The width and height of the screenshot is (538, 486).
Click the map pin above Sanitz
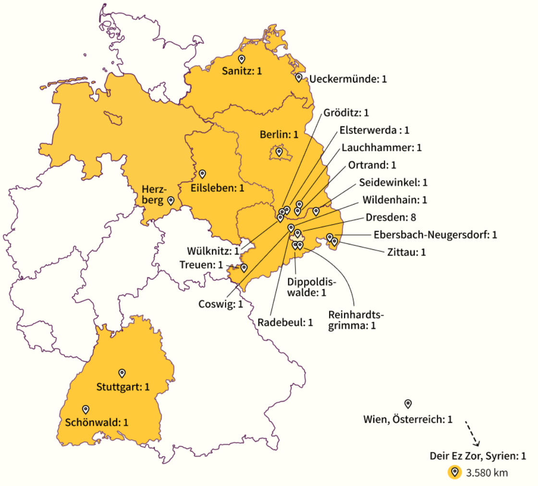point(242,59)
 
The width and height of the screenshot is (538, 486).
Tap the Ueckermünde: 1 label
point(347,79)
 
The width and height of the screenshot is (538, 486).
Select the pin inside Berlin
point(279,152)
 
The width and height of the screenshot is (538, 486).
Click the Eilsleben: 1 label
point(218,188)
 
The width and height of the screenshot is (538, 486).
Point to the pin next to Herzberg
point(171,200)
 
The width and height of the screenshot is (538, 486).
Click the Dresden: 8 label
point(391,217)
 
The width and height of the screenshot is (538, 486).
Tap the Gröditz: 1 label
point(346,113)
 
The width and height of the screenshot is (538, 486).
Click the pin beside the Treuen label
point(244,267)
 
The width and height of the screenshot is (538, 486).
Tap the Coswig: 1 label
point(220,304)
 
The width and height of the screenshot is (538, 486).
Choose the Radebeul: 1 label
point(285,322)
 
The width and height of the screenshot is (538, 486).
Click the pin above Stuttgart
point(122,373)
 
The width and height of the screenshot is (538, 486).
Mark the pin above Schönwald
point(86,409)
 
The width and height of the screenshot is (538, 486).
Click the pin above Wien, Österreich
point(408,403)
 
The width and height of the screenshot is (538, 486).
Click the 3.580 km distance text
point(487,473)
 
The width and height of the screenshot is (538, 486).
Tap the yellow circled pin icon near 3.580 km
point(454,473)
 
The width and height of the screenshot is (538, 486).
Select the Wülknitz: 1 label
point(213,251)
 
